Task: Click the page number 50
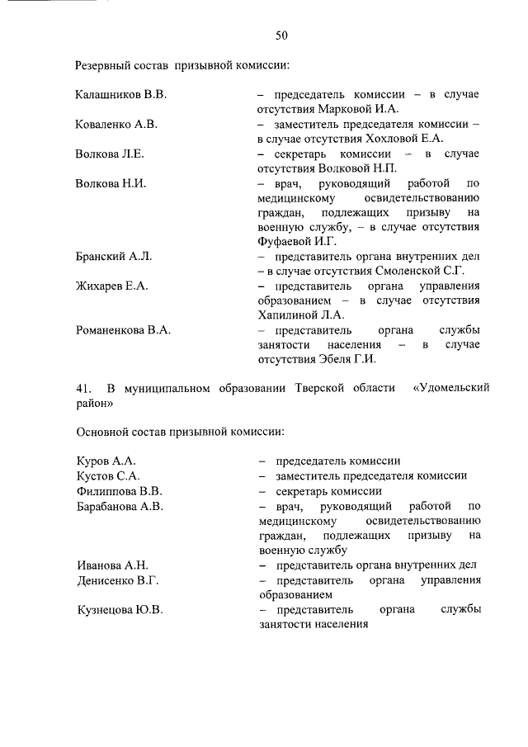pos(281,35)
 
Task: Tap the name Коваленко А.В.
pos(116,125)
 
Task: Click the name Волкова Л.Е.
pos(110,154)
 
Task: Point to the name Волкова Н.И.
pos(111,183)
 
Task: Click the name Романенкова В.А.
pos(123,330)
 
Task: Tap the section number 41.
pos(82,388)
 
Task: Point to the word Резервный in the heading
pos(102,64)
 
